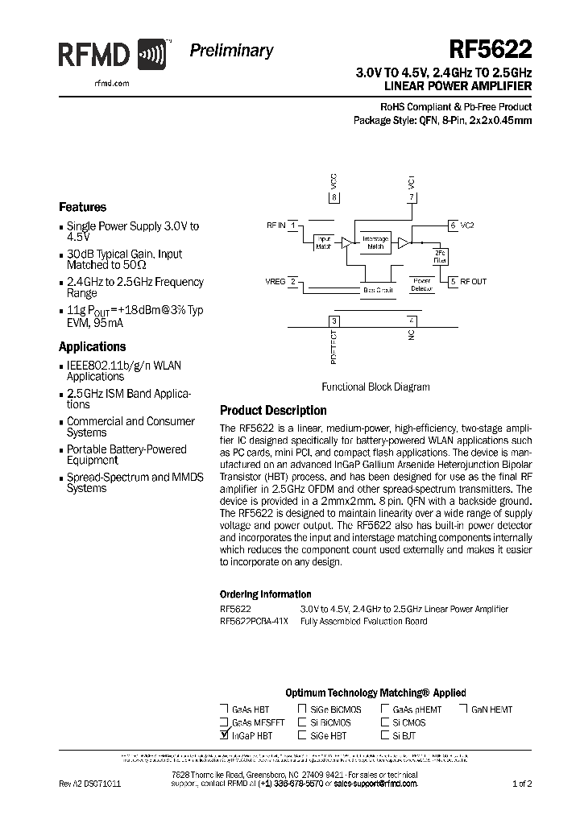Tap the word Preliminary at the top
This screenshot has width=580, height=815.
click(231, 51)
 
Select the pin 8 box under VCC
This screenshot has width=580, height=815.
click(335, 197)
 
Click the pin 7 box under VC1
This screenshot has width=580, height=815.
click(412, 197)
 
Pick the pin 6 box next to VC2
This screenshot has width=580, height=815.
click(454, 225)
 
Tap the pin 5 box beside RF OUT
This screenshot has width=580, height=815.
click(454, 281)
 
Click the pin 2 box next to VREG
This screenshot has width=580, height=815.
click(294, 281)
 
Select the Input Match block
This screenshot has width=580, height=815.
click(323, 242)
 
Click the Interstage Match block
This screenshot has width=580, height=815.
click(375, 242)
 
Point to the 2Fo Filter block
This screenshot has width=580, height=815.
click(439, 256)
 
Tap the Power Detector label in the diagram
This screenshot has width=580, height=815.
click(421, 284)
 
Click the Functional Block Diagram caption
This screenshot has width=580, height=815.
click(375, 387)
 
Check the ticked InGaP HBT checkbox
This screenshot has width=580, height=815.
click(223, 735)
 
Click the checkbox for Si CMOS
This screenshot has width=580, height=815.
click(384, 722)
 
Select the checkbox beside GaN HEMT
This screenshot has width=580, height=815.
click(464, 710)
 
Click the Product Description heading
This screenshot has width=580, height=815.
click(273, 411)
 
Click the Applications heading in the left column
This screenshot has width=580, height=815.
click(92, 347)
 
